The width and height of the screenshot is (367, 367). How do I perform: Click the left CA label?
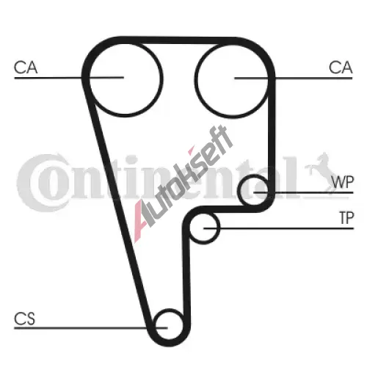coord(26,68)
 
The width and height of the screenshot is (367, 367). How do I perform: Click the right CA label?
coord(341,68)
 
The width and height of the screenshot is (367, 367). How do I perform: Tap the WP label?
coord(343,182)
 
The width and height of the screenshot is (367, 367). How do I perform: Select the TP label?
coord(346,218)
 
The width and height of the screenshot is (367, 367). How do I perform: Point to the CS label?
coord(24,319)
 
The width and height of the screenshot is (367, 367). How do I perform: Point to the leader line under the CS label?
coord(91,328)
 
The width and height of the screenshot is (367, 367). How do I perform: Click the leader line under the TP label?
coord(279,228)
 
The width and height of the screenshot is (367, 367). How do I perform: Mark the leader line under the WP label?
coord(304,192)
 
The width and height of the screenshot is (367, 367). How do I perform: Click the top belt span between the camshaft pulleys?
coord(178,40)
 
